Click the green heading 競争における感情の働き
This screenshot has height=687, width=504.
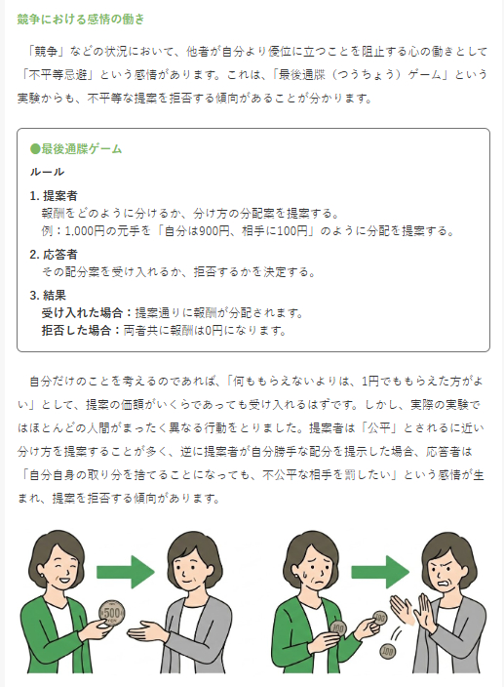[x=81, y=20]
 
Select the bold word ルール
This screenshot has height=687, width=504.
[x=47, y=172]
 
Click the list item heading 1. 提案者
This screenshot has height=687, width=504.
[x=54, y=195]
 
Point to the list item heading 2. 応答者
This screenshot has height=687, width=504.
[x=54, y=254]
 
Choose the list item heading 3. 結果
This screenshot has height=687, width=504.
[x=48, y=295]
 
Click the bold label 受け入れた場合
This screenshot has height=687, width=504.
[x=82, y=313]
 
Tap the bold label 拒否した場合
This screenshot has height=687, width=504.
[x=77, y=330]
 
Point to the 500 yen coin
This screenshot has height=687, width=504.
[x=111, y=612]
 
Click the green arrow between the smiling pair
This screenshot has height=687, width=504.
[x=126, y=572]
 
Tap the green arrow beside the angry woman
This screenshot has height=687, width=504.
[x=380, y=572]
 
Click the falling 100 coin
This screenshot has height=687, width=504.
[x=387, y=652]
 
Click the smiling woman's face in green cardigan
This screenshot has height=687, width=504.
[x=58, y=571]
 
